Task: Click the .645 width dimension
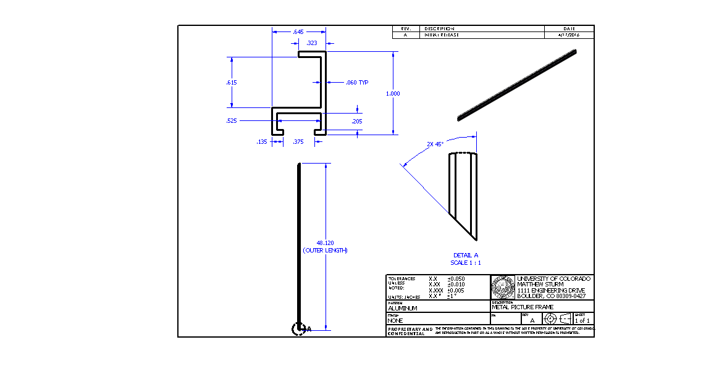point(299,31)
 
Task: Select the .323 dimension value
point(312,43)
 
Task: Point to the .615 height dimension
point(232,82)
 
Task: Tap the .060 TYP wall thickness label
point(356,82)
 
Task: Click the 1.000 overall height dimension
point(393,94)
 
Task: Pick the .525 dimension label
point(232,121)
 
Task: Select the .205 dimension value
point(356,122)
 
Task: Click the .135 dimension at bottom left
point(262,142)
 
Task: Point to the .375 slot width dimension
point(298,142)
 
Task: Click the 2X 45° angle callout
point(435,144)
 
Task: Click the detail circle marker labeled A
point(298,329)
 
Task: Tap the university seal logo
point(502,287)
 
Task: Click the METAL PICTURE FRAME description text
point(523,307)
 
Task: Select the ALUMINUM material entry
point(402,308)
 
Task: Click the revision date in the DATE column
point(569,35)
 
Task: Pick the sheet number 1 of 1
point(582,320)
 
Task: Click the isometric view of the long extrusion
point(516,86)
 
